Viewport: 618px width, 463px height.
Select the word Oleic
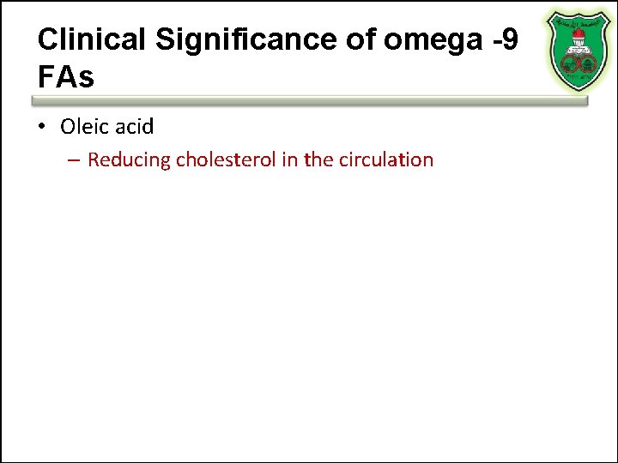pos(84,127)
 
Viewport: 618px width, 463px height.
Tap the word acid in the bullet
pos(134,127)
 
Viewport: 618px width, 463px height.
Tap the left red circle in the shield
pos(570,62)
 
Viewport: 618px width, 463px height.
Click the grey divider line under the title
pos(309,100)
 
